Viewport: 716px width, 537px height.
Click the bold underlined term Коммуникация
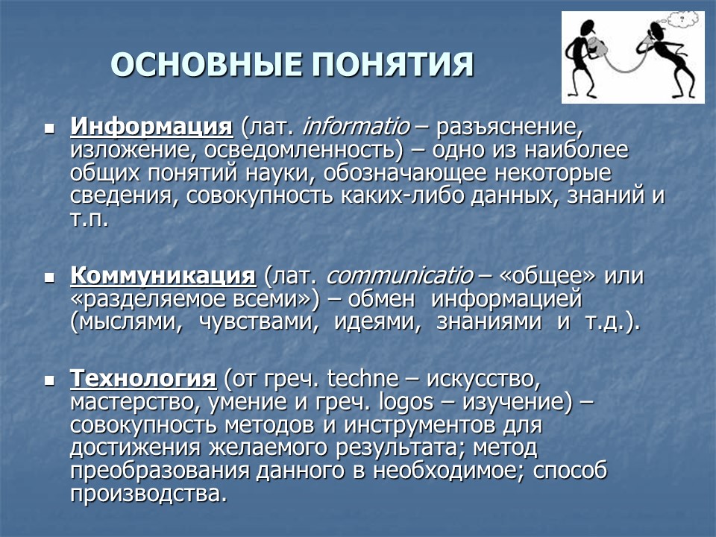pyautogui.click(x=163, y=276)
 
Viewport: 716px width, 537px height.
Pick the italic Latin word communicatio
pyautogui.click(x=399, y=276)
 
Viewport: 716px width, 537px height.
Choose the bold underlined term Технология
pyautogui.click(x=143, y=378)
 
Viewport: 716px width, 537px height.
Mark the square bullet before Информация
pyautogui.click(x=50, y=128)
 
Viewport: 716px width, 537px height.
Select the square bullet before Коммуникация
pyautogui.click(x=50, y=278)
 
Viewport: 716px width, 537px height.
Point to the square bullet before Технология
pyautogui.click(x=50, y=380)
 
